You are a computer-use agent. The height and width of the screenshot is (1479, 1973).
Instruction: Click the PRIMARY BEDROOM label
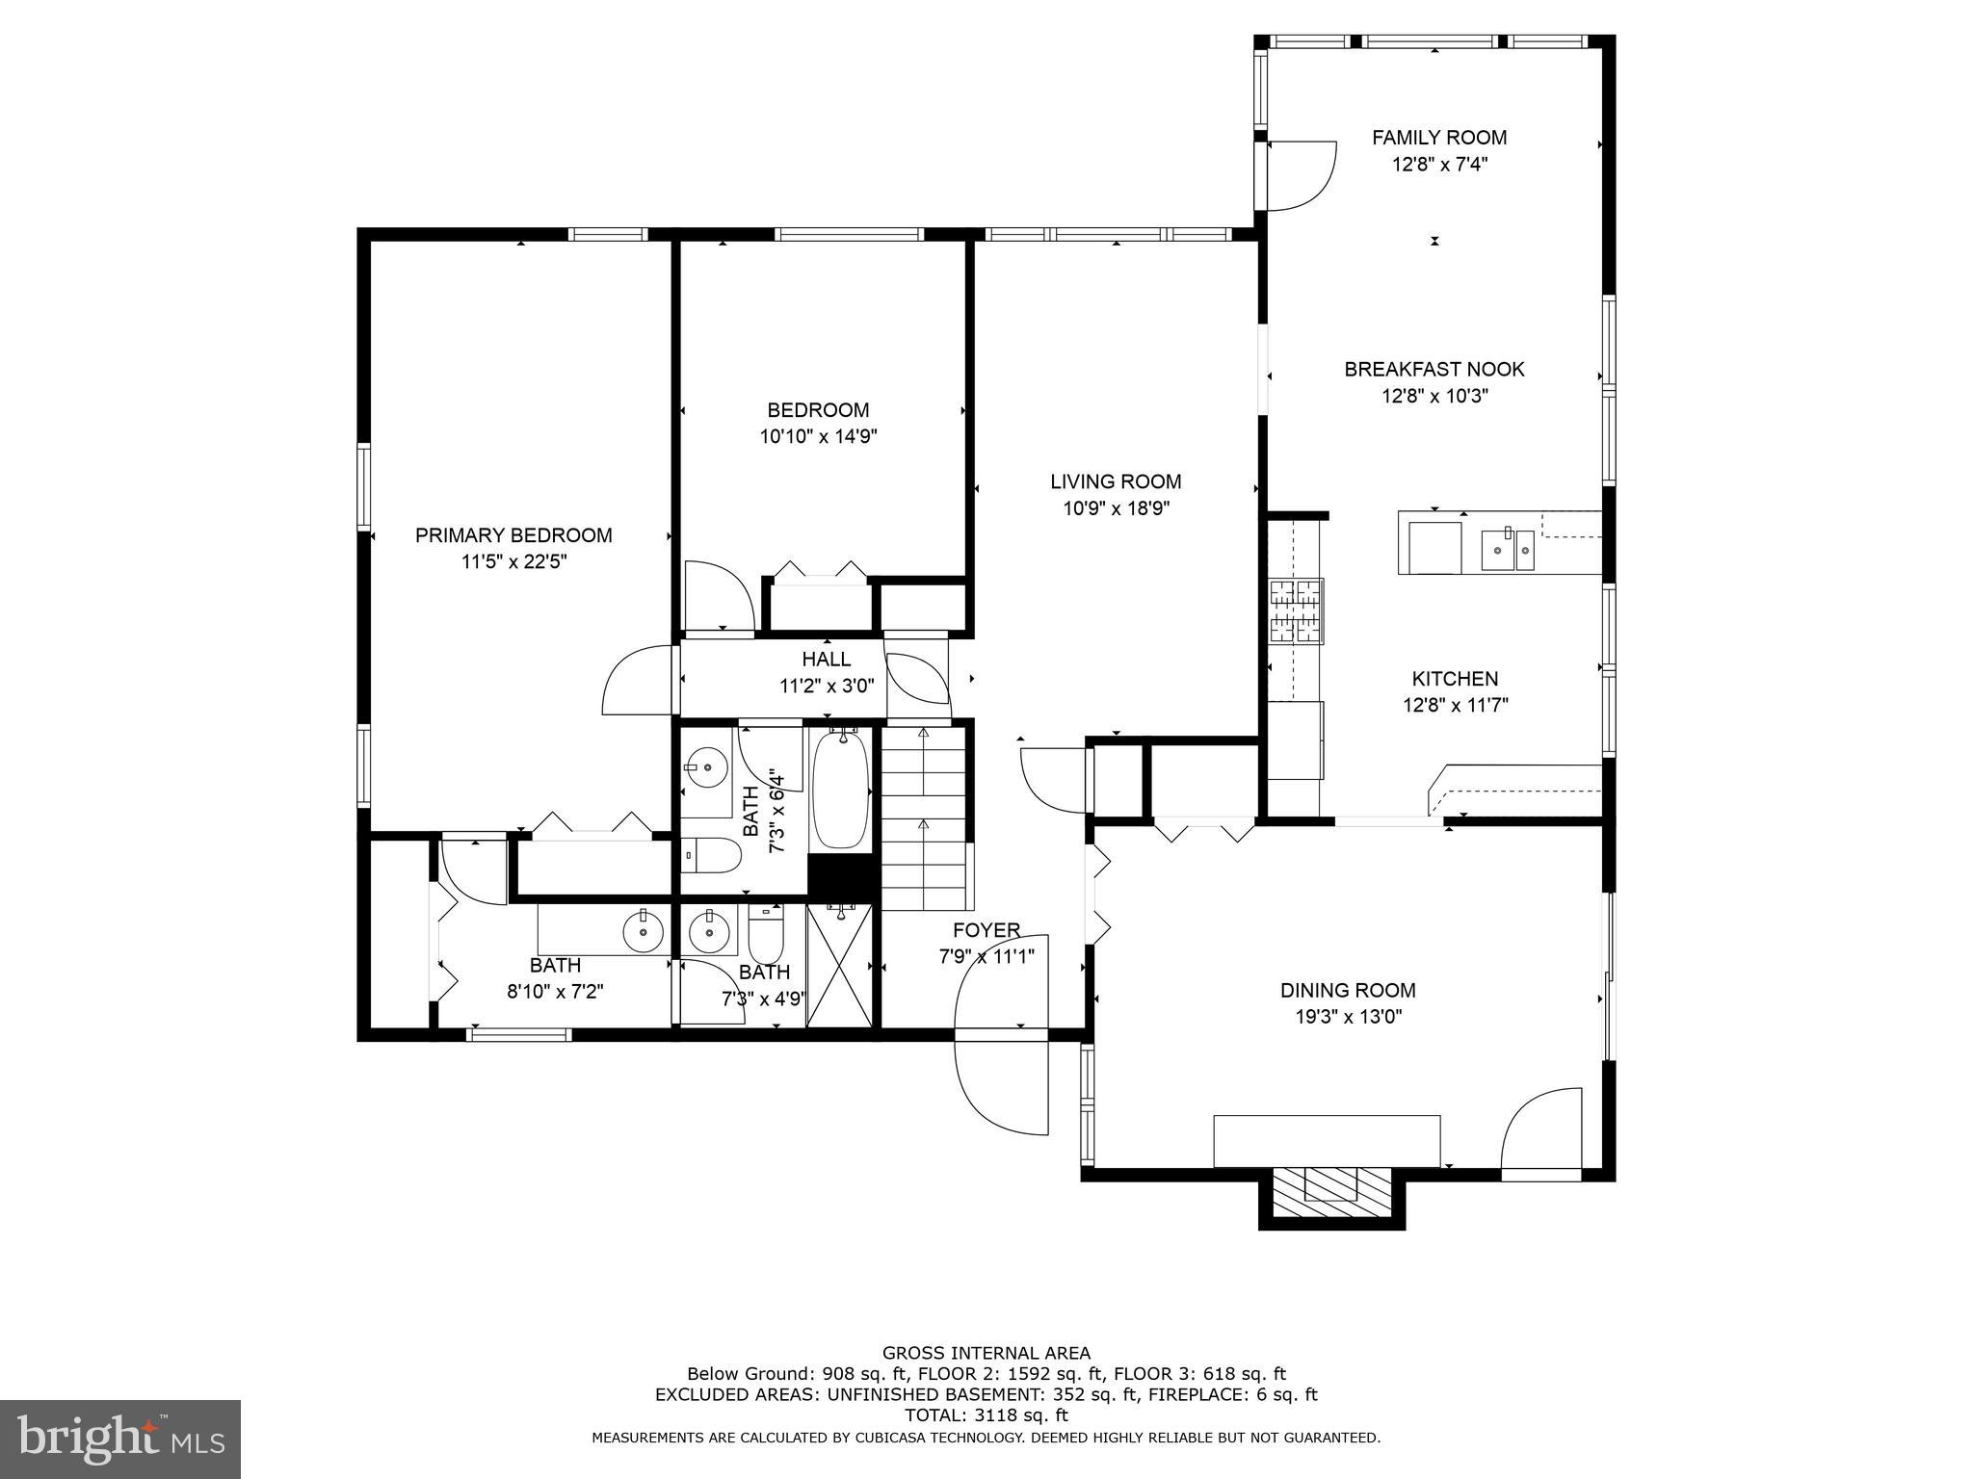(513, 535)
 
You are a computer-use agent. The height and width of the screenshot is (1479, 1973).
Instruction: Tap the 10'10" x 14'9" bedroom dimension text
(818, 436)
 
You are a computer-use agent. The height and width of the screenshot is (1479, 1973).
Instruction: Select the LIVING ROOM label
(1116, 481)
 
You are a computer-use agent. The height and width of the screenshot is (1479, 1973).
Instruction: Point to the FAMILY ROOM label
(1439, 138)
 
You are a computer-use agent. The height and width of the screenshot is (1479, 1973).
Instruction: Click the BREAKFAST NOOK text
(1434, 369)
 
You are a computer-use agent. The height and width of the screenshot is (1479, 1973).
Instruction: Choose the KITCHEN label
(1455, 678)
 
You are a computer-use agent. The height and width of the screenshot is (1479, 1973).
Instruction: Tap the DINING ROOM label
(1348, 990)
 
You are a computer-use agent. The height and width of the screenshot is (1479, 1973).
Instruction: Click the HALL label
(827, 659)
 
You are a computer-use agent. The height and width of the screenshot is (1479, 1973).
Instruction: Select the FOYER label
(986, 930)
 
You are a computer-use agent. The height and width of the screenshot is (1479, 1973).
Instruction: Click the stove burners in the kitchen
(1296, 610)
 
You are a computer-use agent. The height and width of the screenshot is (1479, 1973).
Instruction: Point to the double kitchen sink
(1508, 551)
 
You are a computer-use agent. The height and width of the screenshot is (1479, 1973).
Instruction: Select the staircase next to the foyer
(924, 818)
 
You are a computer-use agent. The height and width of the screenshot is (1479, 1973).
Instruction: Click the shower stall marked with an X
(841, 966)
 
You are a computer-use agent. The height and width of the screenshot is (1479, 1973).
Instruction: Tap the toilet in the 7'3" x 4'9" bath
(766, 932)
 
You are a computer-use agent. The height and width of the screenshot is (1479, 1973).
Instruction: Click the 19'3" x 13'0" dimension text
(1348, 1017)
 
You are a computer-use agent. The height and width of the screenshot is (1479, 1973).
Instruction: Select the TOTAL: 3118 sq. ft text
(986, 1415)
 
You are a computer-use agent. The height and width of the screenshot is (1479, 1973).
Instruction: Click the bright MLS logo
(120, 1438)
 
